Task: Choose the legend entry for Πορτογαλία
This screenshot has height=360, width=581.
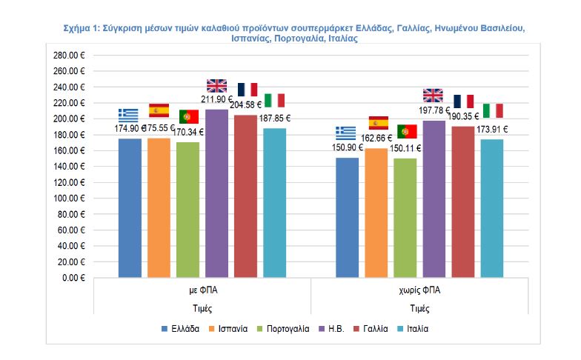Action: [x=282, y=328]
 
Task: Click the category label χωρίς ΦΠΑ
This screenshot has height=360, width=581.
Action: [x=419, y=290]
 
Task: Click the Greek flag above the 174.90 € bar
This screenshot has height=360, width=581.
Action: [x=128, y=116]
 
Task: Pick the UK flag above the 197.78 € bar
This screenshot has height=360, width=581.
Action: [x=433, y=95]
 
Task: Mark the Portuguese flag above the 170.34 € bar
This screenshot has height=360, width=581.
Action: [x=188, y=116]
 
